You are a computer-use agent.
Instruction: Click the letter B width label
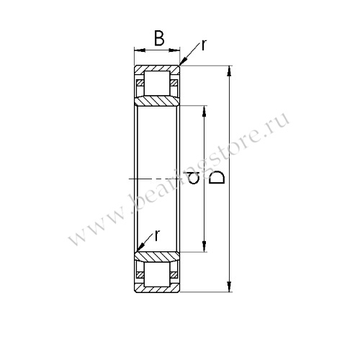159,38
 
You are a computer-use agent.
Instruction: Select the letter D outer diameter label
217,178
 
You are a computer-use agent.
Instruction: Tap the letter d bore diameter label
194,179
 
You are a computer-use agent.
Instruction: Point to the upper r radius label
204,45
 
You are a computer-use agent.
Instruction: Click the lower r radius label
157,235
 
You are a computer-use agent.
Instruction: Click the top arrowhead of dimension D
230,71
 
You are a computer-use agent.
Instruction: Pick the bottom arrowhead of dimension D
230,287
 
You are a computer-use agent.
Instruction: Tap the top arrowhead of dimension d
204,111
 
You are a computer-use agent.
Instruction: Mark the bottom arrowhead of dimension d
204,247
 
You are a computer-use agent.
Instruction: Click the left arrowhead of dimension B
140,50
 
